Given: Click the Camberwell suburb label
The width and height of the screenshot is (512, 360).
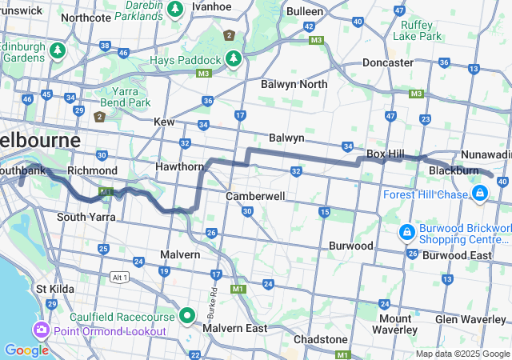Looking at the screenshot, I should coord(255,196).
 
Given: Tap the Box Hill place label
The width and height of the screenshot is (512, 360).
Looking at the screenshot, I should coord(385,153).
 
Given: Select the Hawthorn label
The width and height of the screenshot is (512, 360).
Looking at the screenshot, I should coord(180,166).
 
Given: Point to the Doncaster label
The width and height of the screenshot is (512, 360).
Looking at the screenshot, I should coord(387,62).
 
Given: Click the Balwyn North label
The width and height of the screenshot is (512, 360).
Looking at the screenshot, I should coord(294,84).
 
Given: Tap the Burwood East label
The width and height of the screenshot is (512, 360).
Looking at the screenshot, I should coord(457,255).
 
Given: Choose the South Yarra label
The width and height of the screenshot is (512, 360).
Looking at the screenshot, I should coord(80,217).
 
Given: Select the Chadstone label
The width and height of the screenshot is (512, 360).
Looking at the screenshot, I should coord(320,339).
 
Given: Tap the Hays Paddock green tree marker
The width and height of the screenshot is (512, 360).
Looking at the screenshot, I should coord(233,58).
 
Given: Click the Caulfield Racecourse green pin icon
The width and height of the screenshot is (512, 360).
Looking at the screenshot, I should coord(187,315).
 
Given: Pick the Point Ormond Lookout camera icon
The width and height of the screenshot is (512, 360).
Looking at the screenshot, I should coord(40,330).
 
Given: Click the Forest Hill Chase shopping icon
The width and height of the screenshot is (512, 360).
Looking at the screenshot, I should coord(479,194).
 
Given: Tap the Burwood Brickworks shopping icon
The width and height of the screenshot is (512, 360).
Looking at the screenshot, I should coord(406,232).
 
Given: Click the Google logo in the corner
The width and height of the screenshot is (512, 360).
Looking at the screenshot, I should coord(26,350).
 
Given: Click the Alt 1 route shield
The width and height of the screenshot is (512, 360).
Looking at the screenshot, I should coord(120,276).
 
